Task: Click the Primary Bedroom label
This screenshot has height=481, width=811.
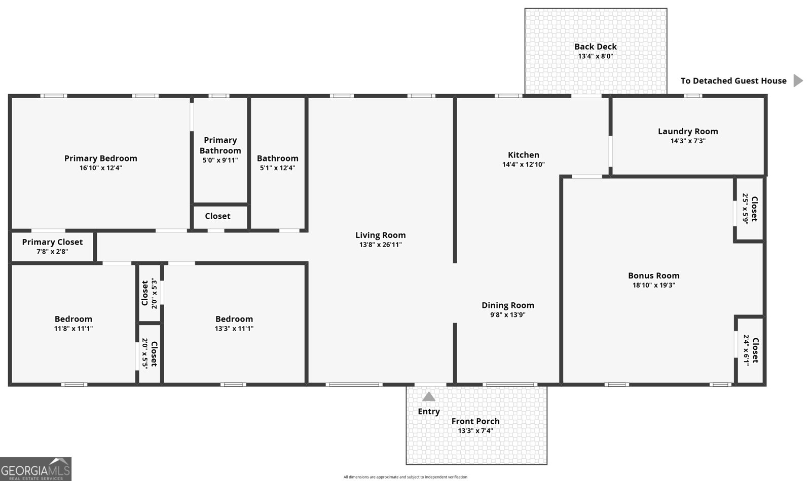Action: click(100, 158)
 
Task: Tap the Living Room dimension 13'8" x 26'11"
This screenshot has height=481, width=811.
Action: click(380, 245)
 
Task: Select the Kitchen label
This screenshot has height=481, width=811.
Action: click(524, 155)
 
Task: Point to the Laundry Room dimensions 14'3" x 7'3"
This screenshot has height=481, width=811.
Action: click(688, 141)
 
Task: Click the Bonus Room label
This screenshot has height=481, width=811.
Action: click(653, 275)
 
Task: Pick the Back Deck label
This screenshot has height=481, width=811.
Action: click(596, 47)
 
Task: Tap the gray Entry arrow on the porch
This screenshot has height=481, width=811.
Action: click(429, 396)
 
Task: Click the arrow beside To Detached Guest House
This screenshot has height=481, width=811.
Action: click(798, 81)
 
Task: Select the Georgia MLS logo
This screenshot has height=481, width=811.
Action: click(35, 469)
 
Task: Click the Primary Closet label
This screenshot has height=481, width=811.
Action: click(52, 242)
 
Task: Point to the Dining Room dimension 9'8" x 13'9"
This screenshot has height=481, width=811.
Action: click(507, 314)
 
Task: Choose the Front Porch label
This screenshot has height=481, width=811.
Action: click(475, 421)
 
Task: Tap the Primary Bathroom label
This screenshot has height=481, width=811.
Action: click(220, 145)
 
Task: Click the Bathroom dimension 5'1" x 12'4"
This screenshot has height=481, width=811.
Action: click(277, 168)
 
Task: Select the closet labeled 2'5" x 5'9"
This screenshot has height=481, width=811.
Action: click(750, 208)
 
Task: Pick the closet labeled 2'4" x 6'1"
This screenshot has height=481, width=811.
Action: click(750, 350)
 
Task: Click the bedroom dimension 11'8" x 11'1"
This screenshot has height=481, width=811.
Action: click(73, 328)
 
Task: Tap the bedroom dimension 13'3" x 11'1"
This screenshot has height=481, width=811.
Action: click(234, 328)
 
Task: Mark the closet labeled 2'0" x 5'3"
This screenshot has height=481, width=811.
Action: click(150, 293)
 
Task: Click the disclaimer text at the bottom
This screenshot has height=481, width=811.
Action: click(405, 477)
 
